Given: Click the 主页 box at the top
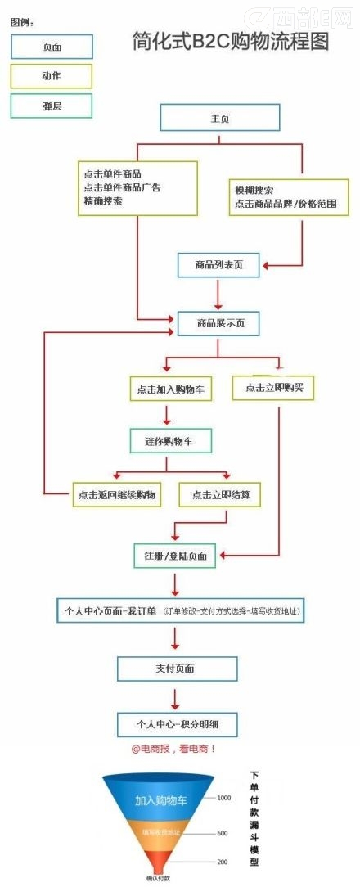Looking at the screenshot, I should [220, 119].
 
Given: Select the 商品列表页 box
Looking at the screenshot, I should [218, 264].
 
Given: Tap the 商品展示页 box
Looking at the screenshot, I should [218, 323].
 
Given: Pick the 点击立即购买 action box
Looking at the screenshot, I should [274, 388].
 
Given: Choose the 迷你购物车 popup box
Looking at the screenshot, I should [171, 441].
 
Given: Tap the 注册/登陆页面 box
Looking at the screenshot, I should [175, 556].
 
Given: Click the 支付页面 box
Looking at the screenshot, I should [176, 669].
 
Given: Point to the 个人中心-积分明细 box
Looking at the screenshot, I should [177, 724].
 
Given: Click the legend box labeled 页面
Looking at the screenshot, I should [52, 47].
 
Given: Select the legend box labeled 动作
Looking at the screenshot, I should [52, 76].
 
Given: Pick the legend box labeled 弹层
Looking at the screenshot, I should [52, 106].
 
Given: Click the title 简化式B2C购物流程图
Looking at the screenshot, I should [231, 42].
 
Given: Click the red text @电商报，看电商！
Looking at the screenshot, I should [174, 749].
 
